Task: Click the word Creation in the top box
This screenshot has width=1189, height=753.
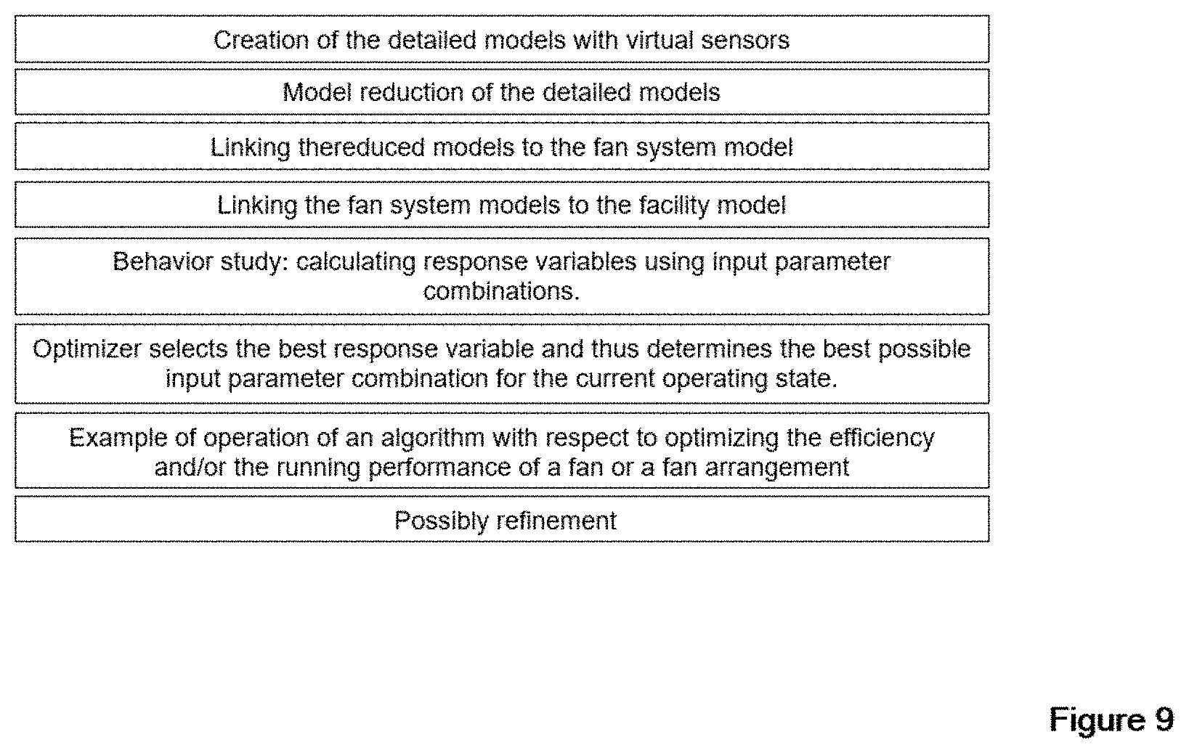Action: [x=261, y=41]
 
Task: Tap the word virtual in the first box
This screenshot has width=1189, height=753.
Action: [x=660, y=41]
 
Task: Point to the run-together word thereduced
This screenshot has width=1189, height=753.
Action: [x=361, y=147]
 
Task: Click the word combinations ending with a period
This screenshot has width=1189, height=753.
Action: [x=501, y=292]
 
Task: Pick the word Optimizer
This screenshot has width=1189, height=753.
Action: [x=86, y=350]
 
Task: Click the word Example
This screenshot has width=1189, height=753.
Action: [x=118, y=439]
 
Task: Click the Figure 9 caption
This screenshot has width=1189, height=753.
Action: [x=1111, y=720]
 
